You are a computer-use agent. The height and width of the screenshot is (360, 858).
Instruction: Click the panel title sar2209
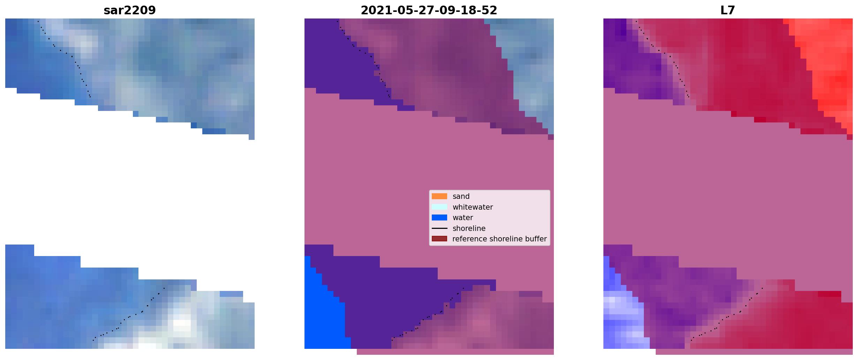130,10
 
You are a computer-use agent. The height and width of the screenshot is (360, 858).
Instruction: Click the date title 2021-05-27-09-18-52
429,10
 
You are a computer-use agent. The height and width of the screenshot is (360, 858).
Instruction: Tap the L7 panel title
728,10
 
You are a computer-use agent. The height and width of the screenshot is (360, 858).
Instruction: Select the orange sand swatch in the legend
439,196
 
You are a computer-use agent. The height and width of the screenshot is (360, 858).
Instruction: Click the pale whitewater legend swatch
439,207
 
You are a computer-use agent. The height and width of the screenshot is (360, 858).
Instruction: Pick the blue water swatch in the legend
439,218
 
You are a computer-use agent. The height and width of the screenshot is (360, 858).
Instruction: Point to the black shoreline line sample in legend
439,228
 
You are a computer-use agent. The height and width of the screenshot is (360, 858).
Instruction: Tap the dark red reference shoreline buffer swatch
439,239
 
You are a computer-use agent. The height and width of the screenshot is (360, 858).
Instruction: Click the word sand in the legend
461,196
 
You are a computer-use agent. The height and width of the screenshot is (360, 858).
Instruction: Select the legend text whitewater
473,207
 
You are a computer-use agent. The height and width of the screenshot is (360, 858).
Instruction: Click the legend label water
463,218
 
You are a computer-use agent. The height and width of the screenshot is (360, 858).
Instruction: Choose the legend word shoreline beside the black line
469,228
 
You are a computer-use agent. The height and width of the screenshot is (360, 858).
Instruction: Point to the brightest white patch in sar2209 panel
181,323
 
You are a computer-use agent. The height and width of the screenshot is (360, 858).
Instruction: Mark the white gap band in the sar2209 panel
130,188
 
